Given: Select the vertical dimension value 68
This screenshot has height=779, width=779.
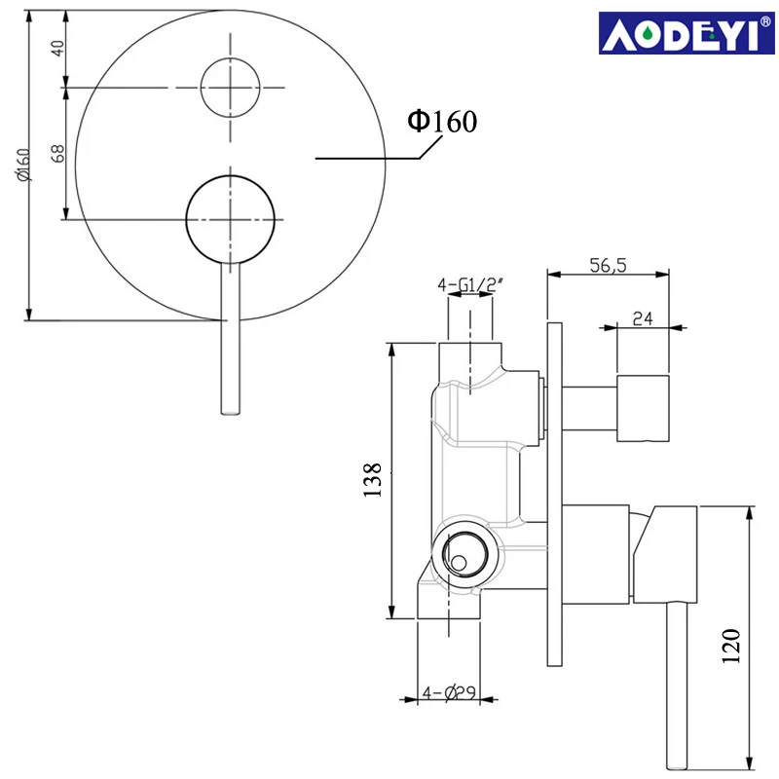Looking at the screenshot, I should (57, 153).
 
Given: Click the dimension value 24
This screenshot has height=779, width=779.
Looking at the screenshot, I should (642, 316).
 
